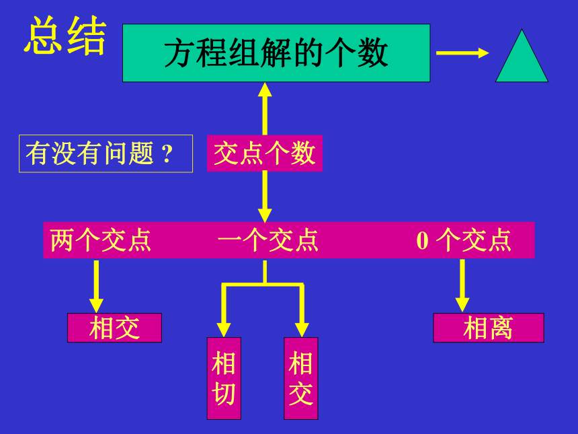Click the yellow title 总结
pyautogui.click(x=65, y=36)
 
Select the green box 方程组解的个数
pyautogui.click(x=276, y=52)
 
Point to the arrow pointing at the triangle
pyautogui.click(x=462, y=52)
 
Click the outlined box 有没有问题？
pyautogui.click(x=106, y=153)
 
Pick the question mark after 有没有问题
pyautogui.click(x=167, y=154)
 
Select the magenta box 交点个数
pyautogui.click(x=265, y=153)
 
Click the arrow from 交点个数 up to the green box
pyautogui.click(x=265, y=108)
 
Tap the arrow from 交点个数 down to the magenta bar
pyautogui.click(x=265, y=196)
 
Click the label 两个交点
pyautogui.click(x=101, y=240)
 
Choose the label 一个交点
pyautogui.click(x=268, y=240)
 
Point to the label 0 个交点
pyautogui.click(x=464, y=240)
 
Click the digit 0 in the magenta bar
pyautogui.click(x=423, y=241)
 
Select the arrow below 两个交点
pyautogui.click(x=96, y=287)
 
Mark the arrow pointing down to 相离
pyautogui.click(x=462, y=286)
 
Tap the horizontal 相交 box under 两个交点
pyautogui.click(x=115, y=328)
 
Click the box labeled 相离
pyautogui.click(x=489, y=328)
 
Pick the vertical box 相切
pyautogui.click(x=224, y=378)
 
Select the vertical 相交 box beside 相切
pyautogui.click(x=301, y=378)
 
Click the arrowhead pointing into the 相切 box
pyautogui.click(x=224, y=330)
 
